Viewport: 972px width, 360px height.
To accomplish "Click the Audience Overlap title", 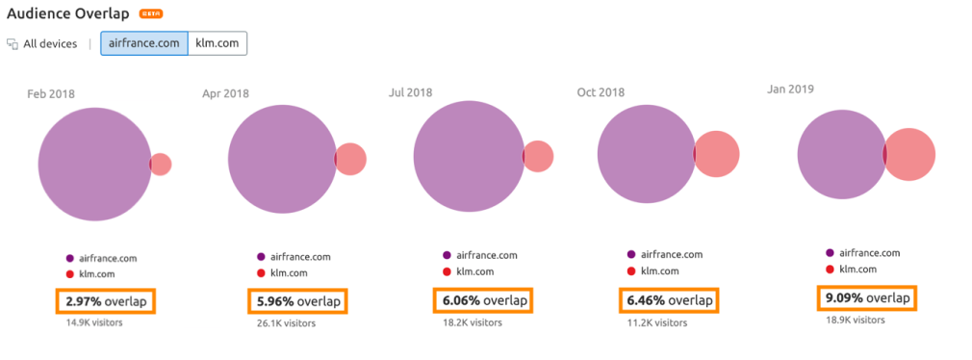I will coord(67,14).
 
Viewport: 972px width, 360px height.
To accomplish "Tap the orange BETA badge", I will coord(151,14).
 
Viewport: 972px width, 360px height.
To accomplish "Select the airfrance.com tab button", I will coord(143,43).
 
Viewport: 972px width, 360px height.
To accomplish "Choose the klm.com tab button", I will coord(217,43).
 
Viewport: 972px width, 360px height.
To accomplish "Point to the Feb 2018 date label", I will coord(50,93).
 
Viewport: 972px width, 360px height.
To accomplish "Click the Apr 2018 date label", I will coord(226,93).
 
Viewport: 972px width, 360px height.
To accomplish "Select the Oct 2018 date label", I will coord(601,92).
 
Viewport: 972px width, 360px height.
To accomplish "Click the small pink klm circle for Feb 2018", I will coord(162,164).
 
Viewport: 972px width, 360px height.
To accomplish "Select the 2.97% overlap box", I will coord(106,301).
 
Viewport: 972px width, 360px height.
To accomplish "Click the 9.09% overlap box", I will coord(866,298).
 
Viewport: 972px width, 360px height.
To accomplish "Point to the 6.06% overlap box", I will coord(483,300).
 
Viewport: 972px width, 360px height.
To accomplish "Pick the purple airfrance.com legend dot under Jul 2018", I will coord(447,255).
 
